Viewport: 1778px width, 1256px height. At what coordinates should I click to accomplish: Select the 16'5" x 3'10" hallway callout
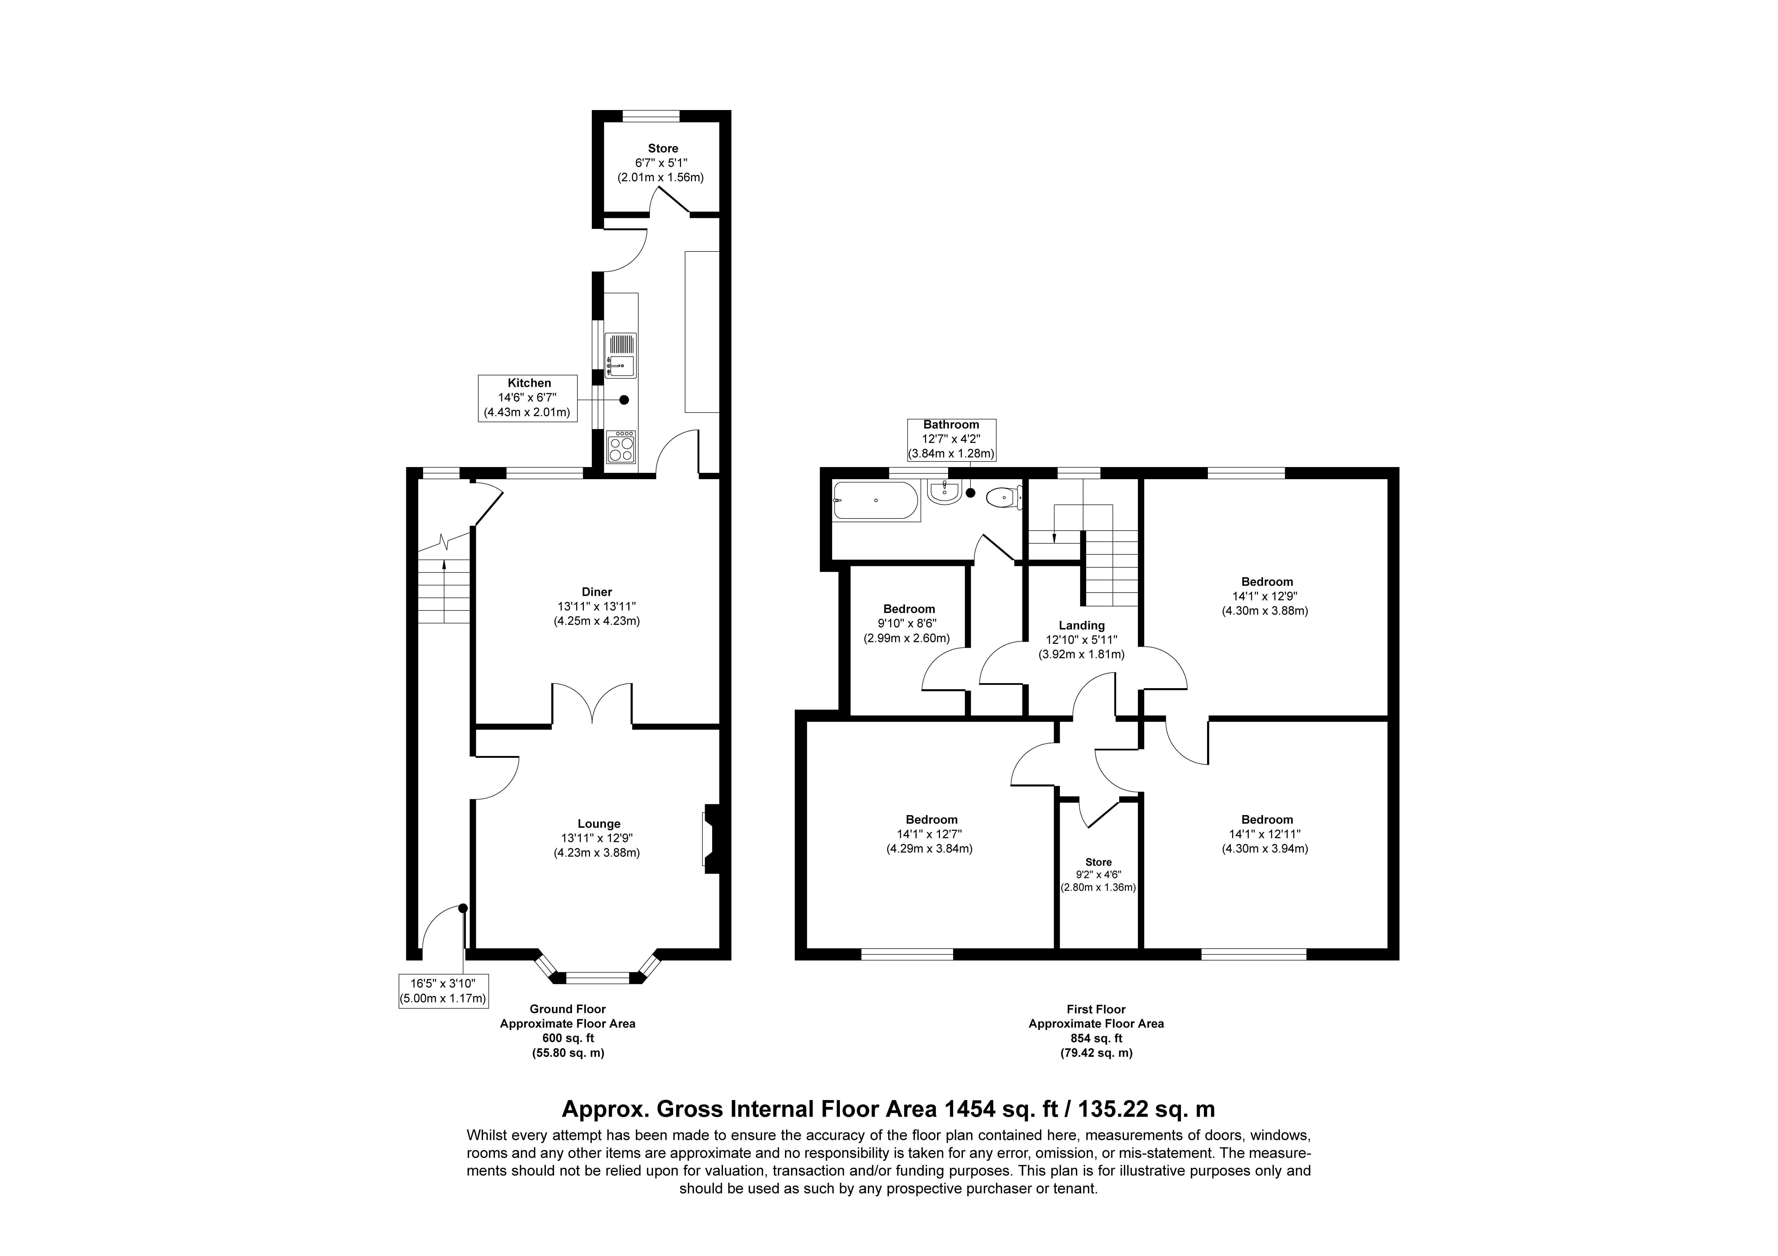click(443, 990)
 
